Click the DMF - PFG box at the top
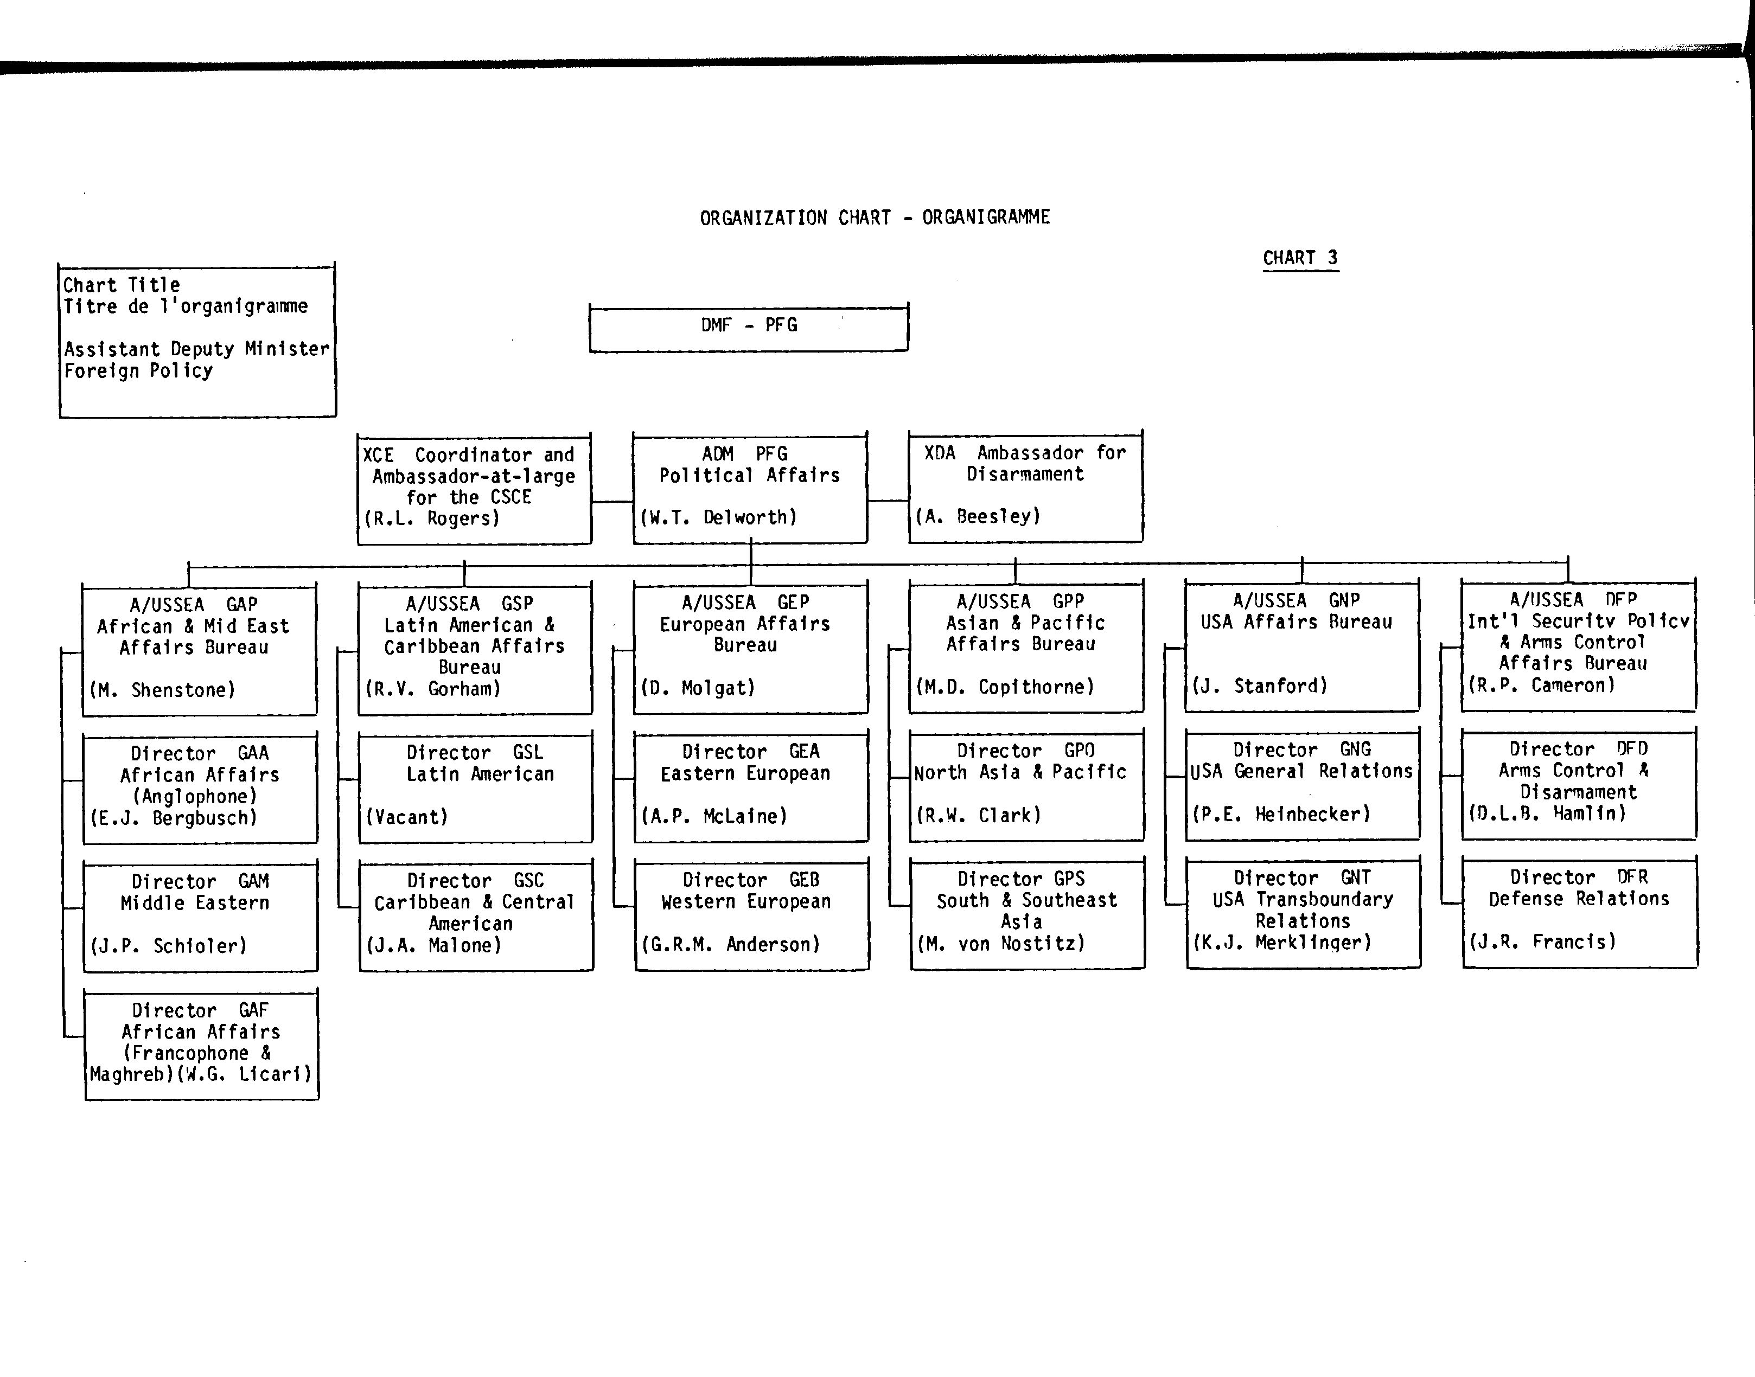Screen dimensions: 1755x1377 click(x=749, y=328)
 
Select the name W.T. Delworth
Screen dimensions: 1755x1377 click(x=719, y=517)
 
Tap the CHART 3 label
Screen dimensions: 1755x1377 click(x=1300, y=258)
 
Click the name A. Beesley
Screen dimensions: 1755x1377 click(x=978, y=516)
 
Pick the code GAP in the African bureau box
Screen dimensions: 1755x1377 click(x=241, y=605)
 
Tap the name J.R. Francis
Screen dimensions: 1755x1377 click(x=1542, y=941)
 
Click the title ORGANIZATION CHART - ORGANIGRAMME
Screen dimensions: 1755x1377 click(x=875, y=217)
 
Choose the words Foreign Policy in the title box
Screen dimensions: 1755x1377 click(x=138, y=371)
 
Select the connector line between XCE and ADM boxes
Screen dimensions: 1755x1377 click(x=612, y=502)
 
